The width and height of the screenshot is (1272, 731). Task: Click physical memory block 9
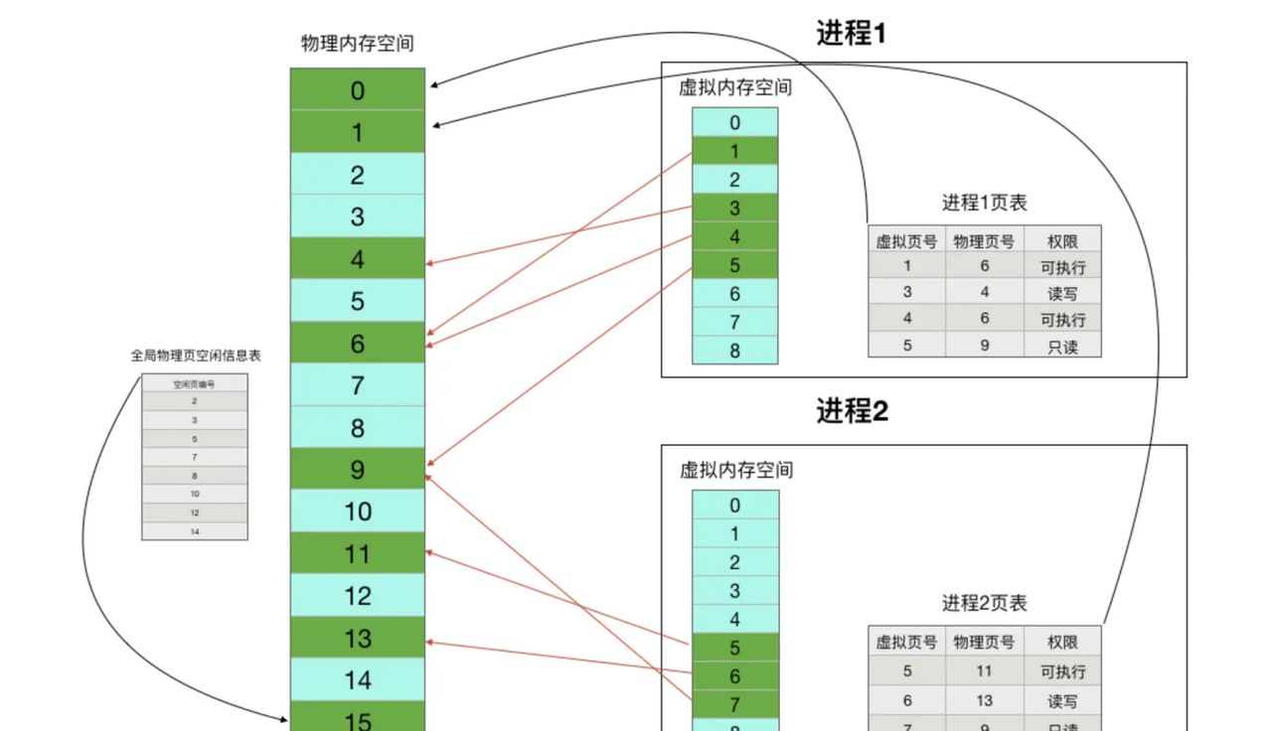[358, 470]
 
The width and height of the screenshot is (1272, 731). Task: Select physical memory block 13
[358, 638]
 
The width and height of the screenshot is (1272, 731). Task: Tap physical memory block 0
[358, 90]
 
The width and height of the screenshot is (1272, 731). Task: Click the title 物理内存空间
[358, 44]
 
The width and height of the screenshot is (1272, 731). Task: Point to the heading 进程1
[851, 34]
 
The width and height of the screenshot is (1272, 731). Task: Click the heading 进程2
[852, 411]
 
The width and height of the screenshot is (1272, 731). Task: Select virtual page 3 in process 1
[734, 209]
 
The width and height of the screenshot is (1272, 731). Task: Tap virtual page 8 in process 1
[734, 351]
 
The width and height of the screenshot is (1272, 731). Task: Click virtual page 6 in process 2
[734, 676]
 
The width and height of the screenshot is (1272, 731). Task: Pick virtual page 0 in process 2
[734, 506]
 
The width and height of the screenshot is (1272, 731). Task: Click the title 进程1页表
[984, 203]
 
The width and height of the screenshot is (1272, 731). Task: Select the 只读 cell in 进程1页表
[1062, 347]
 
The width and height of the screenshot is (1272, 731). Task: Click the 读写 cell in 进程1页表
[1062, 293]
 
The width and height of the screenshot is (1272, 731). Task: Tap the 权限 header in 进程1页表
[1062, 241]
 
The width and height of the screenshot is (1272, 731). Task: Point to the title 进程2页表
[984, 603]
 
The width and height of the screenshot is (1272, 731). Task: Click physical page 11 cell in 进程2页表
[984, 671]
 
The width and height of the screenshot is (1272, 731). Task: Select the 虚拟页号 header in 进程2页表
[906, 643]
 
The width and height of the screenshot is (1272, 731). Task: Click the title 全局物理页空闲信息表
[196, 355]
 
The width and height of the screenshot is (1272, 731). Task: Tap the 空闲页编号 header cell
[195, 383]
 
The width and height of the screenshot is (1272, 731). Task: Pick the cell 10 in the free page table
[195, 494]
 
